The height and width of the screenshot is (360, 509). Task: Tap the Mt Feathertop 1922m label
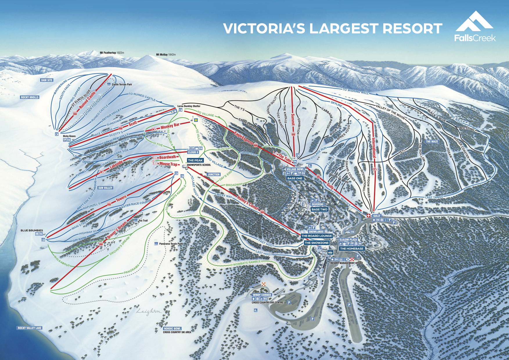pyautogui.click(x=112, y=53)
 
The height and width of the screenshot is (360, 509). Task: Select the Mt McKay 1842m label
pyautogui.click(x=166, y=55)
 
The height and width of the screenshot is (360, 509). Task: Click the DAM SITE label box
pyautogui.click(x=47, y=80)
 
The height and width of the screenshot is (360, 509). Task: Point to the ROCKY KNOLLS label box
pyautogui.click(x=30, y=97)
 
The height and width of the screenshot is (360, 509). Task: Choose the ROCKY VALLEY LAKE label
pyautogui.click(x=30, y=328)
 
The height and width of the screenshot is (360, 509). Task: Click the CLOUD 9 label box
pyautogui.click(x=193, y=152)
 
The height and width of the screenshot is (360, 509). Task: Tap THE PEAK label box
pyautogui.click(x=195, y=160)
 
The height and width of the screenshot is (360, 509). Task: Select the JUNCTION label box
pyautogui.click(x=213, y=174)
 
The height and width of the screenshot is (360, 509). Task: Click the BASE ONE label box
pyautogui.click(x=295, y=178)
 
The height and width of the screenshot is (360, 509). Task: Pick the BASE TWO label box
pyautogui.click(x=319, y=209)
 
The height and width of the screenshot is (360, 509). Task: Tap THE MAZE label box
pyautogui.click(x=432, y=141)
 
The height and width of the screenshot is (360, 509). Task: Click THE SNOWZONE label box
pyautogui.click(x=316, y=243)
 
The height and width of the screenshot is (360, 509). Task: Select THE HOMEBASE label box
pyautogui.click(x=352, y=249)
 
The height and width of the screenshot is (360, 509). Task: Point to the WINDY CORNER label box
pyautogui.click(x=262, y=295)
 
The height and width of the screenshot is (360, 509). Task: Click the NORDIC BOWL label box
pyautogui.click(x=172, y=329)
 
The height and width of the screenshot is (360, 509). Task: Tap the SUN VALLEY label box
pyautogui.click(x=105, y=188)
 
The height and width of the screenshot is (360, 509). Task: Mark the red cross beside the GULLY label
pyautogui.click(x=369, y=215)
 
